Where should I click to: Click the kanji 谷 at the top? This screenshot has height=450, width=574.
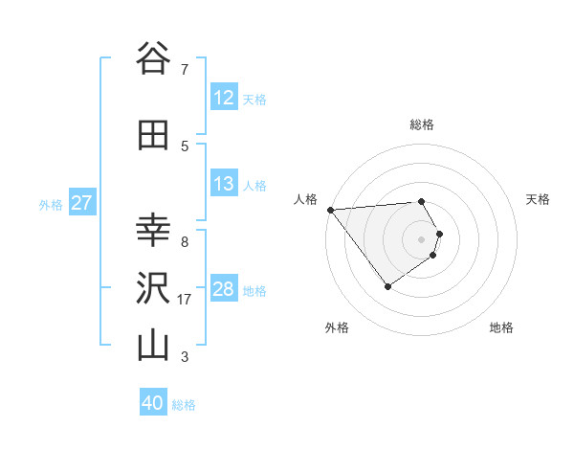point(152,58)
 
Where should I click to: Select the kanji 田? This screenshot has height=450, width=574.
point(152,134)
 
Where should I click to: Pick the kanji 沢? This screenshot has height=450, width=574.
point(152,287)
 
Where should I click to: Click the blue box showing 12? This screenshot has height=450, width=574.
point(224,98)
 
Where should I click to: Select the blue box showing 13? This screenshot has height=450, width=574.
point(224,184)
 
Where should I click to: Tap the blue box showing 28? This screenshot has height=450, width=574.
point(224,289)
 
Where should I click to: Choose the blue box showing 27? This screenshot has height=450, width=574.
point(81,203)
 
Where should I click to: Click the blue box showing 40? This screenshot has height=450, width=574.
point(153,403)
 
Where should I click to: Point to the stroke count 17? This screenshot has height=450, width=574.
point(186,300)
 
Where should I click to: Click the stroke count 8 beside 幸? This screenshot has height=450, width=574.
point(184,241)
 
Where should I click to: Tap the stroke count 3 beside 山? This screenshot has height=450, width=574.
point(184,358)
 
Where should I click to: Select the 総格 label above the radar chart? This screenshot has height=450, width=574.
point(422,124)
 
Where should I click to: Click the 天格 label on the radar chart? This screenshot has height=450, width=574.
point(539,199)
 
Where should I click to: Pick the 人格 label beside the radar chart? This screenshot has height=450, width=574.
point(305,199)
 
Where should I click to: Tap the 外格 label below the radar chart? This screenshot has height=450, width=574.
point(337,327)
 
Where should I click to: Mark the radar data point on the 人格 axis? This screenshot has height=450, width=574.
point(330,210)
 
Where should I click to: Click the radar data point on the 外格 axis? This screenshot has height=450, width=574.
point(387,286)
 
